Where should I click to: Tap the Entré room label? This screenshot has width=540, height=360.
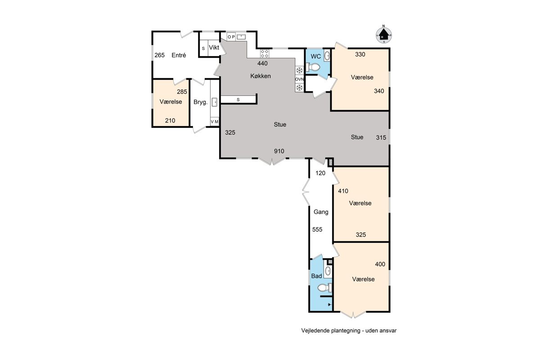click(179, 55)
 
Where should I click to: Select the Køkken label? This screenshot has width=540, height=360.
click(261, 76)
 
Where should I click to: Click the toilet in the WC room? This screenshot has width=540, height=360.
click(313, 67)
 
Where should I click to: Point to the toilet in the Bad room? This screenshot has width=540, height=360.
click(324, 288)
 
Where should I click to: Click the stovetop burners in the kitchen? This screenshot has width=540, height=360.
click(265, 54)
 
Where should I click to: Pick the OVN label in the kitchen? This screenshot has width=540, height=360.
click(299, 79)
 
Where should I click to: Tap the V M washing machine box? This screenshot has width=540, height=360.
click(215, 122)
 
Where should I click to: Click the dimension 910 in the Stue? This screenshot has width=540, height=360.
click(279, 151)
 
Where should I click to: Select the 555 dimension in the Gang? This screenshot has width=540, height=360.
click(317, 229)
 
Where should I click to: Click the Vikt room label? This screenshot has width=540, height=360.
click(214, 48)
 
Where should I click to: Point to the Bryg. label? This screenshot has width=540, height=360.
click(200, 102)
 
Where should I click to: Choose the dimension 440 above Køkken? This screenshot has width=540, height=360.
click(262, 63)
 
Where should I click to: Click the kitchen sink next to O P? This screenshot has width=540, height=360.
click(241, 37)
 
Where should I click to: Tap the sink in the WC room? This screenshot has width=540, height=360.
click(327, 56)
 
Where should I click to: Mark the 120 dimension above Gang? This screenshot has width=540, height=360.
click(320, 173)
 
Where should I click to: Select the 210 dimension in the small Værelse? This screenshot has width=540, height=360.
click(170, 121)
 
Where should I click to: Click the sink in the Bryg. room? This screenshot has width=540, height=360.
click(214, 102)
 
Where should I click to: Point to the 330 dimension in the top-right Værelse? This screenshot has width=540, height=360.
click(360, 54)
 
